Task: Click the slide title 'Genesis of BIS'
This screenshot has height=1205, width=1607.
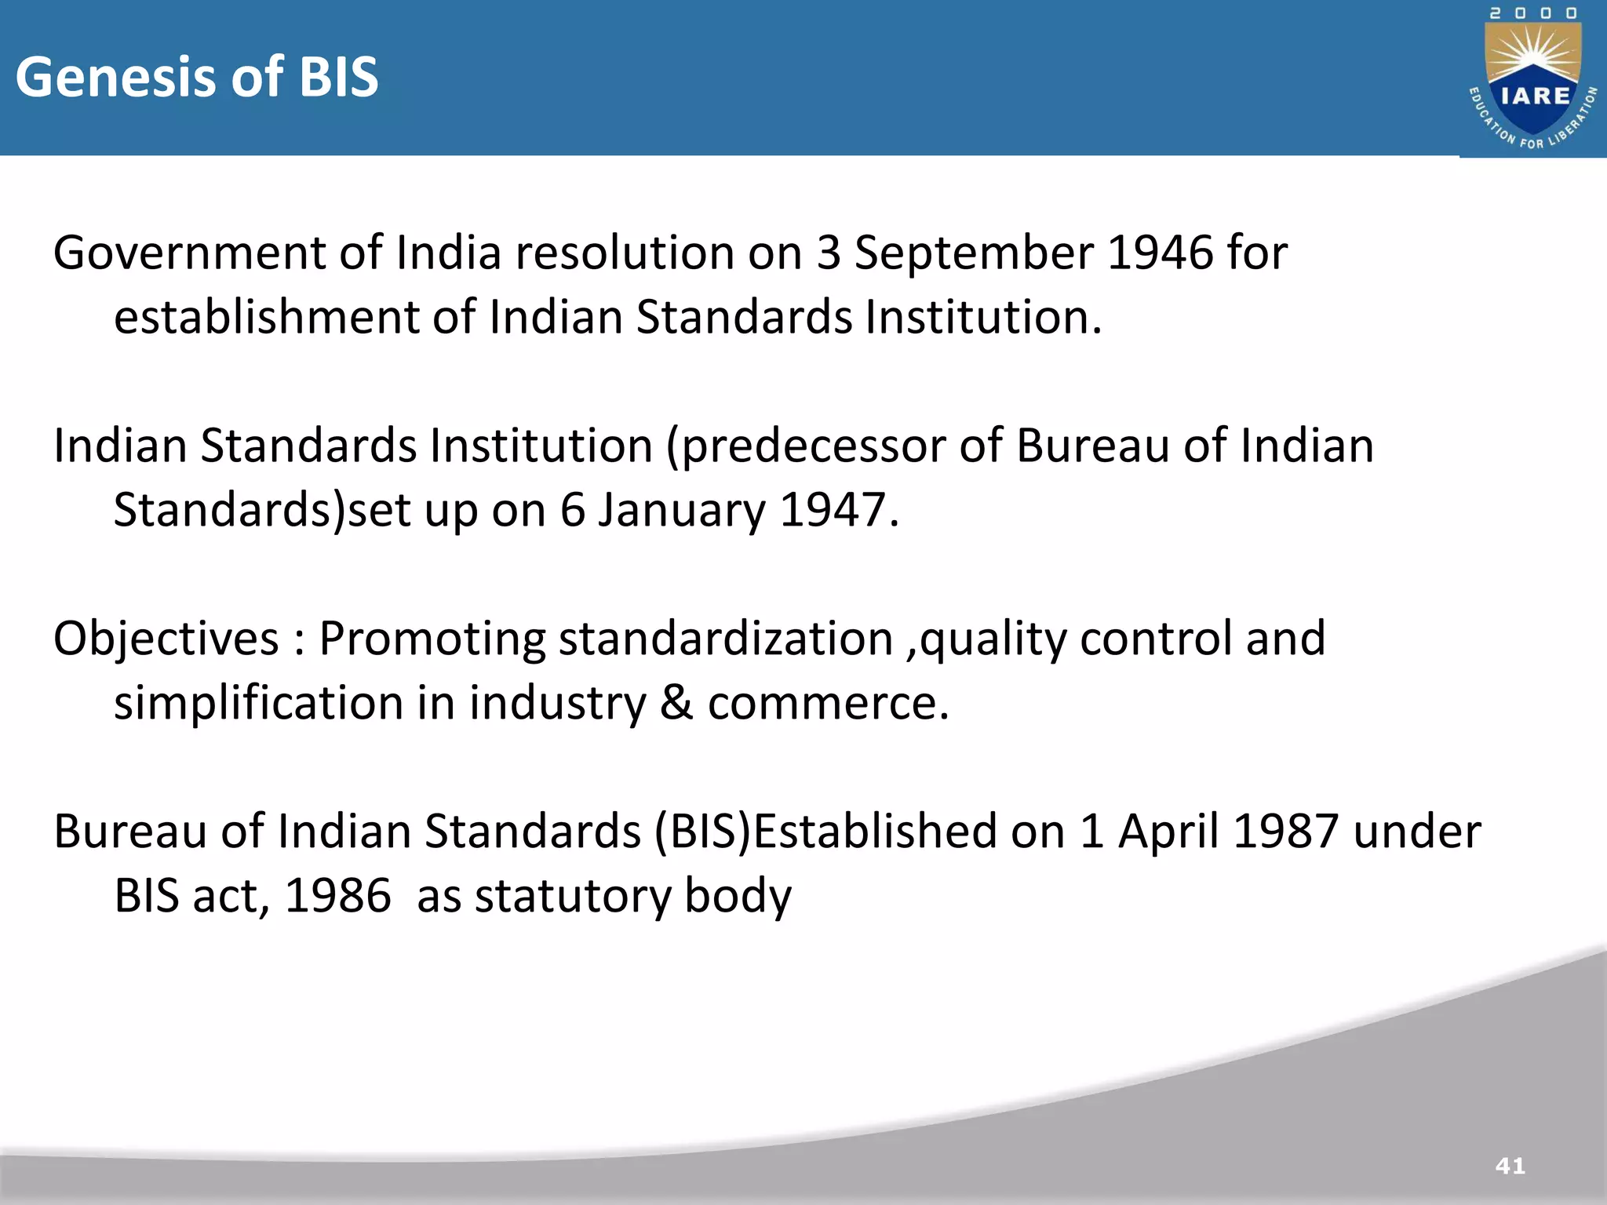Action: point(197,77)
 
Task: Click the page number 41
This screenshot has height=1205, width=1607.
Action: point(1510,1166)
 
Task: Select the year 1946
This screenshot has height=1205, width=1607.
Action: point(1160,253)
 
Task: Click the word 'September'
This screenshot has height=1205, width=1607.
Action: point(973,254)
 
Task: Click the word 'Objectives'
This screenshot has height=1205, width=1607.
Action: point(166,639)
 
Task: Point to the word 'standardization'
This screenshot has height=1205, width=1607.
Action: point(726,639)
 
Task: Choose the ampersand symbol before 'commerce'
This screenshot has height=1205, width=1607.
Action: point(676,703)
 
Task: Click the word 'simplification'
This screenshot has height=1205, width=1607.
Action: point(259,703)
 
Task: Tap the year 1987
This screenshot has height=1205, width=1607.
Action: point(1285,832)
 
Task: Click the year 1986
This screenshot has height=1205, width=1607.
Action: point(337,896)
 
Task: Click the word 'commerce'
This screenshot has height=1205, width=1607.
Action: point(828,703)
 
